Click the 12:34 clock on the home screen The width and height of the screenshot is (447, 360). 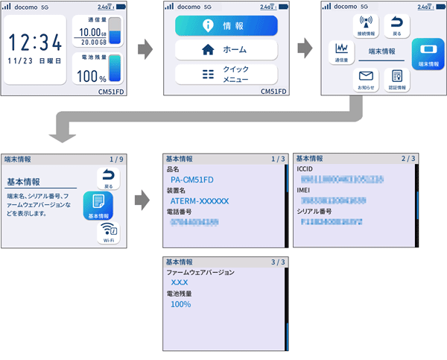[36, 41]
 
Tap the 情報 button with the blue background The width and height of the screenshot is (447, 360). [226, 26]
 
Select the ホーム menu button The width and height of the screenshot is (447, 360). [226, 51]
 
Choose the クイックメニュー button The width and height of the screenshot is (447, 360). [226, 75]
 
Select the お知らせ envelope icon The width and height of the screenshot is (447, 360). [365, 79]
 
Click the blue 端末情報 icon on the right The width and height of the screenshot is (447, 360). [428, 53]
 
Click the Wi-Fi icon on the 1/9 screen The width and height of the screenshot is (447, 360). [108, 233]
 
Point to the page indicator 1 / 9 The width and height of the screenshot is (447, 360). [115, 159]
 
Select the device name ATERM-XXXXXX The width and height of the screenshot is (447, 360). [200, 201]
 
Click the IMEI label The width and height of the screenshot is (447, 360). [305, 190]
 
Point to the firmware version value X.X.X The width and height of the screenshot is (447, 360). [180, 283]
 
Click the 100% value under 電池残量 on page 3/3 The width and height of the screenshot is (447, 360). [181, 305]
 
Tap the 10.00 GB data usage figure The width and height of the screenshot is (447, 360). [94, 33]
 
